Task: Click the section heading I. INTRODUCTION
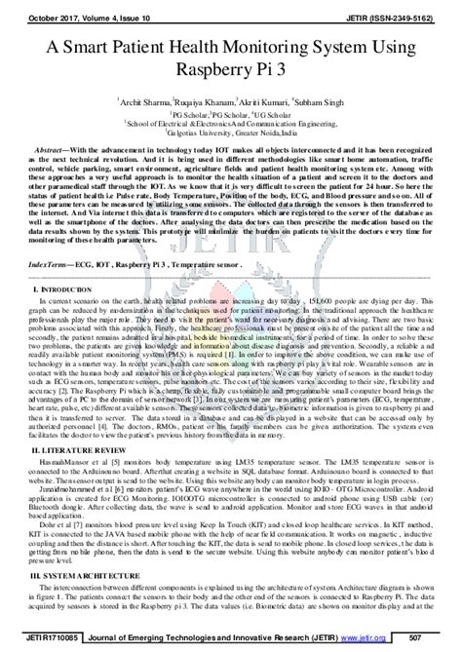click(58, 263)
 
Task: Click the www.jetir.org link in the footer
click(387, 640)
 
